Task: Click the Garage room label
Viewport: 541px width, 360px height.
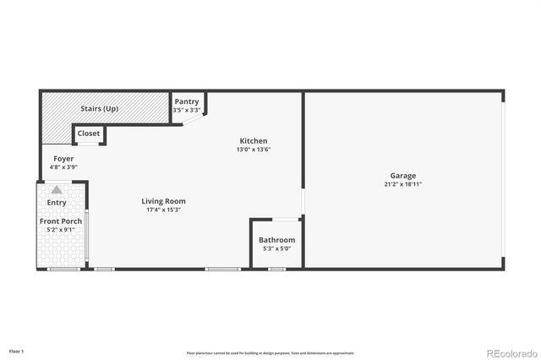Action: pos(403,176)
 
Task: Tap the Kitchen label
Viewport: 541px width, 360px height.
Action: pos(254,141)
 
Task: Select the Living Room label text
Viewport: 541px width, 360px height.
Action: pos(163,201)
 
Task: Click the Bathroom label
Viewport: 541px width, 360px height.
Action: pos(276,240)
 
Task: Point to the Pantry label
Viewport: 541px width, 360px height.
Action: pos(186,102)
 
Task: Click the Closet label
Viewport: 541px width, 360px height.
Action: pos(89,134)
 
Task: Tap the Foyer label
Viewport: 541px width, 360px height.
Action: pos(63,159)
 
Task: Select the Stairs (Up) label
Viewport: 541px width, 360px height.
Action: pos(99,109)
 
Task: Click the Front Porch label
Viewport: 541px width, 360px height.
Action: pos(60,221)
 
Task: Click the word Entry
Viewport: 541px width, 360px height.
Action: pos(57,203)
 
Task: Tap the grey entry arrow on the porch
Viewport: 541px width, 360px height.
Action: pos(57,191)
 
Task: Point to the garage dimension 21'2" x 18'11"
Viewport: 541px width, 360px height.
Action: pos(403,184)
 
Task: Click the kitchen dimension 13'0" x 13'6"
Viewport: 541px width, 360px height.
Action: pos(254,150)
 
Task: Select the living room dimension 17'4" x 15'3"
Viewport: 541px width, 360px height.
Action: pos(163,210)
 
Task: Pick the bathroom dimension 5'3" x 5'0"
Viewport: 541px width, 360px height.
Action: pos(276,248)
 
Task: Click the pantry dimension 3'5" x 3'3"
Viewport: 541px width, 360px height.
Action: pos(186,110)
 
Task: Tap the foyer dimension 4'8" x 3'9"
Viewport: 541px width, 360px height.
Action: pos(63,167)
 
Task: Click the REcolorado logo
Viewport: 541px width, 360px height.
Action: pos(509,352)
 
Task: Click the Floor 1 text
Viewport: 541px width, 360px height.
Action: pos(17,350)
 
